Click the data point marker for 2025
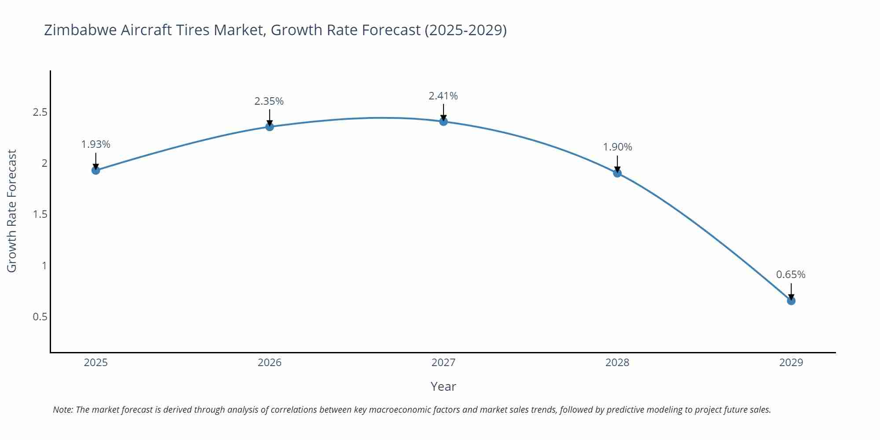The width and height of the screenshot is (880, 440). click(95, 170)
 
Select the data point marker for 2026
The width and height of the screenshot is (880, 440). click(270, 127)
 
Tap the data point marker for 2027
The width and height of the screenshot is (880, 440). click(444, 121)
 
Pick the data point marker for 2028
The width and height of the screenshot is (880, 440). click(617, 173)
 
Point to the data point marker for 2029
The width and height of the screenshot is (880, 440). click(791, 301)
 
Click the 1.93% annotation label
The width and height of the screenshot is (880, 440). click(95, 144)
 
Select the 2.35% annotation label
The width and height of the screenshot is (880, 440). click(269, 101)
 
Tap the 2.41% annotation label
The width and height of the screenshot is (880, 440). click(443, 96)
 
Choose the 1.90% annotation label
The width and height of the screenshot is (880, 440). click(617, 147)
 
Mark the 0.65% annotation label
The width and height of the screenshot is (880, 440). click(791, 275)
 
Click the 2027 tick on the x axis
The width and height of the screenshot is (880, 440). click(443, 363)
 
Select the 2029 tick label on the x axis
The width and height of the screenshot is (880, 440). click(791, 363)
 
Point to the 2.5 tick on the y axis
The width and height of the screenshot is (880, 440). click(40, 112)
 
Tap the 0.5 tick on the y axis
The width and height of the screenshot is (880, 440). click(40, 317)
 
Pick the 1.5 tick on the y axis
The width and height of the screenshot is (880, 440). click(40, 214)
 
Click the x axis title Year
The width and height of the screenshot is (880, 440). click(443, 386)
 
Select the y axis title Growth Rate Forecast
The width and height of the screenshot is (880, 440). click(12, 211)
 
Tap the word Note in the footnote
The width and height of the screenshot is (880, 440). click(62, 410)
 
